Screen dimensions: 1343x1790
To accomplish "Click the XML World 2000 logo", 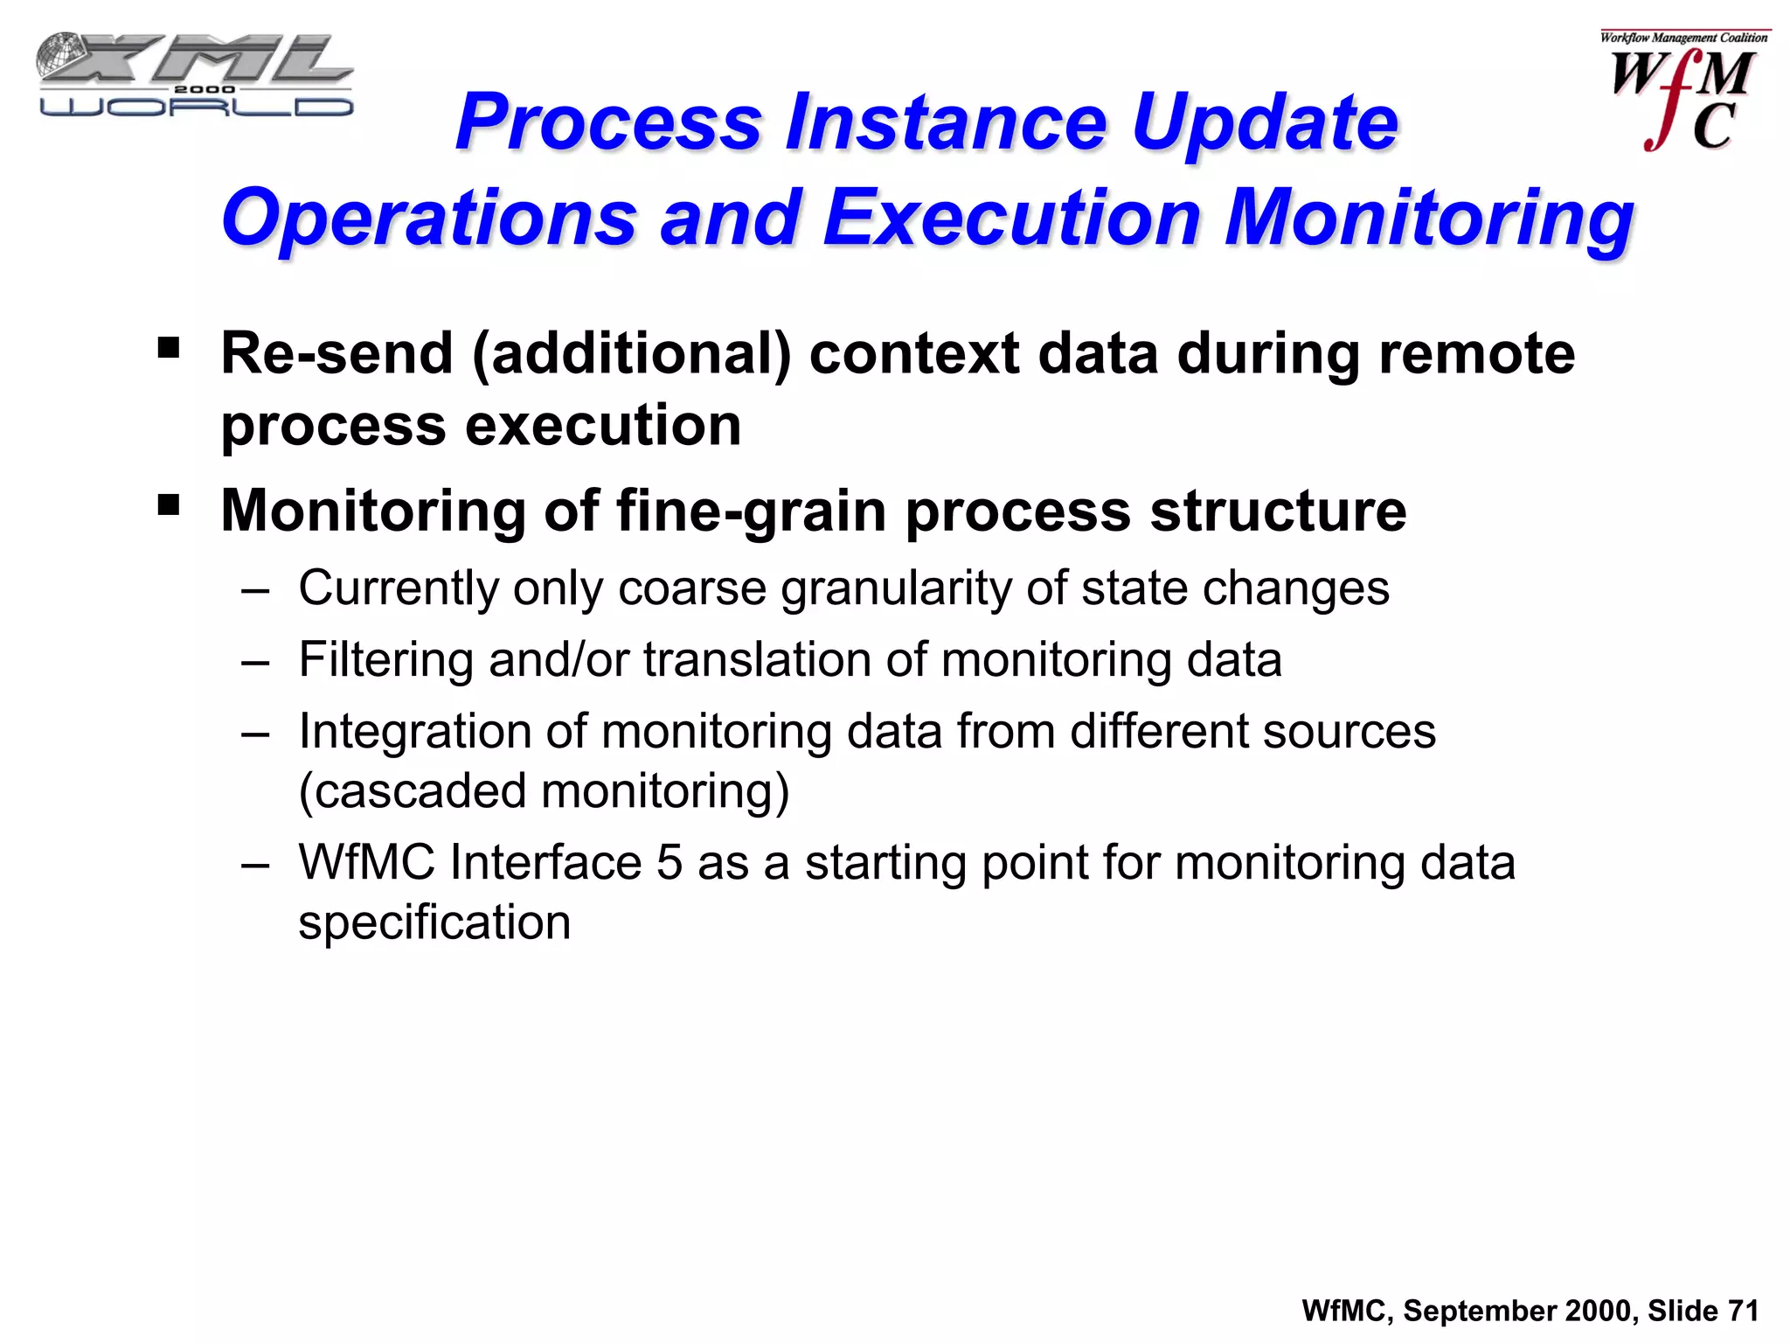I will [194, 76].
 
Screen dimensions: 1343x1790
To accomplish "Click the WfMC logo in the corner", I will [1682, 92].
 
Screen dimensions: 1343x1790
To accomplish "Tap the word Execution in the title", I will [1013, 219].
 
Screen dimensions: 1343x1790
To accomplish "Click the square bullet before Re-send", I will [169, 349].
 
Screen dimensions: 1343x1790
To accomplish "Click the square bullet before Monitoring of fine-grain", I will [169, 504].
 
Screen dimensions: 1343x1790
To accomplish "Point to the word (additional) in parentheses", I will [631, 354].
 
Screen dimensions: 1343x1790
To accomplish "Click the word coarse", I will [692, 588].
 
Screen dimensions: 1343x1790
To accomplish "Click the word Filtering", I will [386, 660].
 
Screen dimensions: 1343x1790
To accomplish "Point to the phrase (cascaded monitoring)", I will [544, 791].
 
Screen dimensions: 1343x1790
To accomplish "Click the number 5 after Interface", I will [669, 863].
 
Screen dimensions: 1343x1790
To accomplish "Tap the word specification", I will [434, 923].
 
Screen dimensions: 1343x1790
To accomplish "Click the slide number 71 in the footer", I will [1743, 1311].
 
